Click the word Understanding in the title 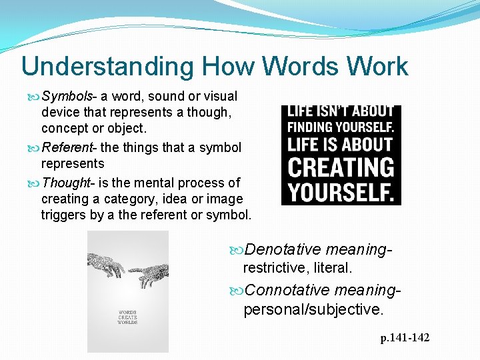[106, 67]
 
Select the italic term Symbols [66, 97]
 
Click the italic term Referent [66, 147]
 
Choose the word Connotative [287, 291]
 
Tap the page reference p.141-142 [405, 338]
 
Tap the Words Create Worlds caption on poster [128, 317]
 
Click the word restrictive [273, 268]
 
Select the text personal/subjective [313, 309]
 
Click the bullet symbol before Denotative [238, 250]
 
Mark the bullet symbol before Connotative [238, 291]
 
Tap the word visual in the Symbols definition [219, 97]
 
